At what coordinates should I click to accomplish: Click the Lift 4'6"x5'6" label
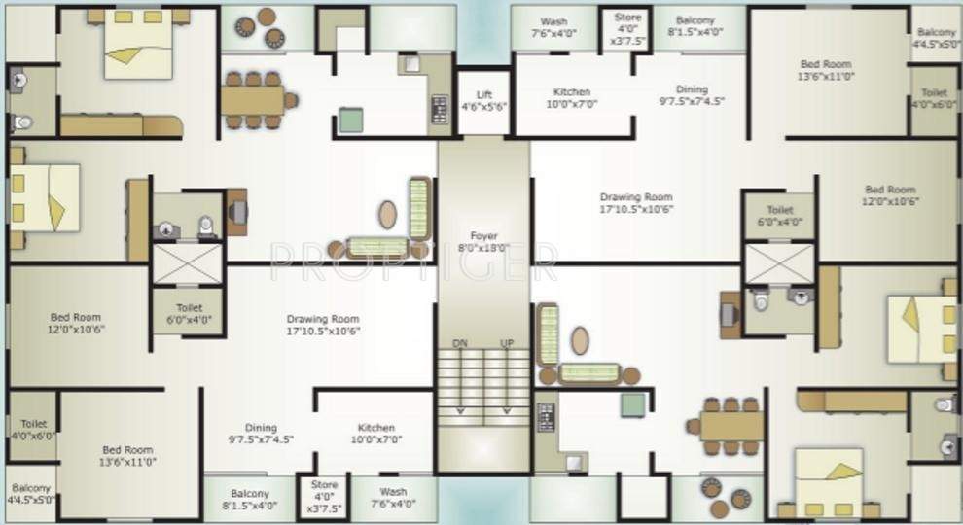(x=483, y=100)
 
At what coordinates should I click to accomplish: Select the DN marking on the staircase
(x=461, y=344)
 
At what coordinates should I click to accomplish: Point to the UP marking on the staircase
(x=506, y=344)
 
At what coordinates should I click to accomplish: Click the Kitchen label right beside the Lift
(x=571, y=98)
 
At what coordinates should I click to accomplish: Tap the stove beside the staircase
(x=546, y=418)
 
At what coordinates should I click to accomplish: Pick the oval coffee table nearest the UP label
(x=580, y=340)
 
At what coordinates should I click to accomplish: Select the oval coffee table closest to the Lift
(x=387, y=214)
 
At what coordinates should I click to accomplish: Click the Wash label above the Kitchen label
(x=553, y=27)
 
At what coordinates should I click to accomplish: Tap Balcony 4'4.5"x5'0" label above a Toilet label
(x=936, y=38)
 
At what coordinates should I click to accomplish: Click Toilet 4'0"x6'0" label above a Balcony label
(x=32, y=430)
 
